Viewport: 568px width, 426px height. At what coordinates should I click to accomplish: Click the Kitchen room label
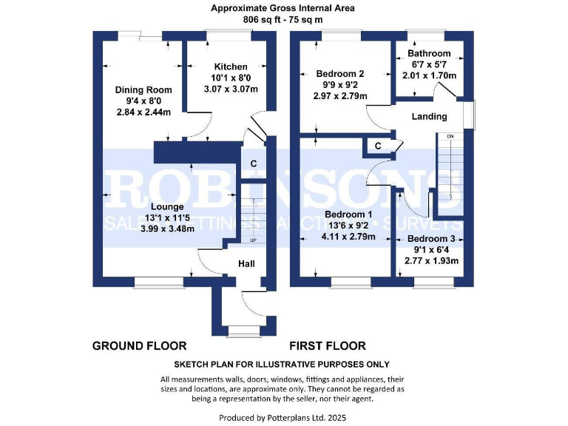tap(231, 67)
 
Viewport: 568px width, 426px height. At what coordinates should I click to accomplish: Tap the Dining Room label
tap(143, 89)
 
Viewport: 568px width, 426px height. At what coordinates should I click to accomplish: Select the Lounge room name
tap(169, 206)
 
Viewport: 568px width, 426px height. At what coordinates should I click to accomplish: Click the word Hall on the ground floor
tap(247, 264)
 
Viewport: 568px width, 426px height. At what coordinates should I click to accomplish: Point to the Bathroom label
tap(428, 53)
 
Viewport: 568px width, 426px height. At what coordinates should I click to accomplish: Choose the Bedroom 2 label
tap(340, 74)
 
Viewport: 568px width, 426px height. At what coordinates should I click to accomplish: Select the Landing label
tap(429, 116)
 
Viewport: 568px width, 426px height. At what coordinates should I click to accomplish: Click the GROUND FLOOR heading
tap(139, 345)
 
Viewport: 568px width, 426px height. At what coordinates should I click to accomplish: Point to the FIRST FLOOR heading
tap(328, 345)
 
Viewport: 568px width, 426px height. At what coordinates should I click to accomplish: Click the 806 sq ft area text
tap(283, 20)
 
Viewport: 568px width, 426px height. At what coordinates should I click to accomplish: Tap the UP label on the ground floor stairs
tap(252, 241)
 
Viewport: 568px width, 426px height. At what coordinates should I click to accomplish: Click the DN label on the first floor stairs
tap(449, 137)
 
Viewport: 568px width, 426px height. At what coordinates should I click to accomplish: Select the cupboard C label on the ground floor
tap(253, 163)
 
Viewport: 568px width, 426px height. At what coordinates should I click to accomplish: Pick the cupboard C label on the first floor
tap(377, 146)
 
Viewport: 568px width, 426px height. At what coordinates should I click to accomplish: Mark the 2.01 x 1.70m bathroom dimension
tap(428, 75)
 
